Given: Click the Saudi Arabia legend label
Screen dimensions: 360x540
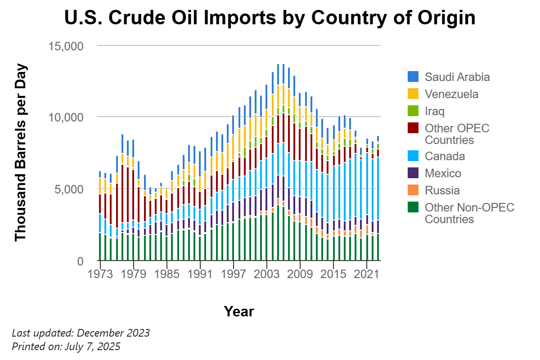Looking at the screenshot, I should [x=457, y=77].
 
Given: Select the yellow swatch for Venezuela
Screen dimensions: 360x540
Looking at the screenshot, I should [x=413, y=94].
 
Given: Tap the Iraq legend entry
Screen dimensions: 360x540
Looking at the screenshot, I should [x=434, y=111].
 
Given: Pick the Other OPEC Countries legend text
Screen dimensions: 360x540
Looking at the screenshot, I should [x=457, y=134].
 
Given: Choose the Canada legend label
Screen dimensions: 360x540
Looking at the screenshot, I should [x=445, y=156].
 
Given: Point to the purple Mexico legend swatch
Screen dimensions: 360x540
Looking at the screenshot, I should [x=413, y=173].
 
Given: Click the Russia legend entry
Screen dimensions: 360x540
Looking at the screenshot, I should [x=442, y=190].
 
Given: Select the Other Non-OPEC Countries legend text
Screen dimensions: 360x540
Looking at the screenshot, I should [x=469, y=213].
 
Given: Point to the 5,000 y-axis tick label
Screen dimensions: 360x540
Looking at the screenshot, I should [x=68, y=189].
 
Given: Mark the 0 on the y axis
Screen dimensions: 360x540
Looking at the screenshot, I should [x=80, y=261].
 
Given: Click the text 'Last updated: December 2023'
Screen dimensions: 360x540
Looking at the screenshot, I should [x=81, y=333].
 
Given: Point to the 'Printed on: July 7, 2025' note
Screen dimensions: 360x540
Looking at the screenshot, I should [x=66, y=346].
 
